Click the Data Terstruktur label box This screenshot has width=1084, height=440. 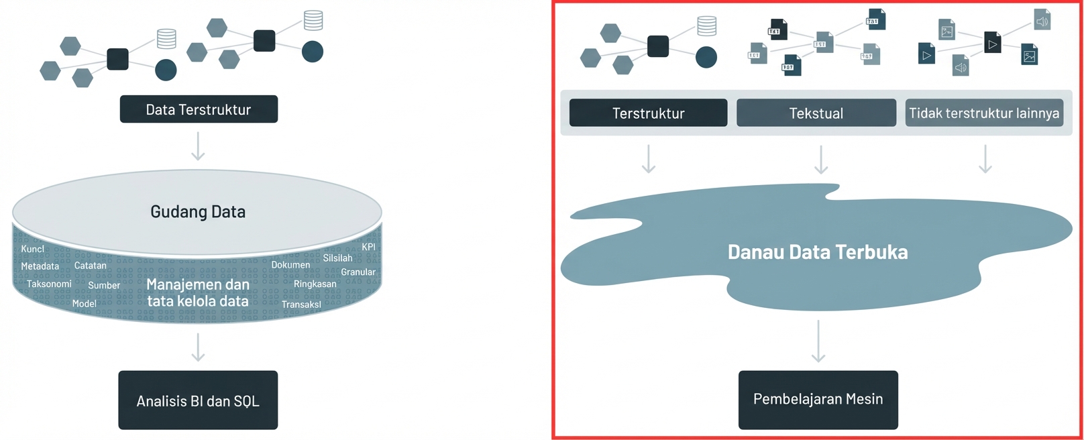click(199, 109)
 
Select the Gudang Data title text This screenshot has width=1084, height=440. click(198, 211)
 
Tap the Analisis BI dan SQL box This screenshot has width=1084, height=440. click(198, 400)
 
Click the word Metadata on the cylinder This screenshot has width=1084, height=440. click(40, 266)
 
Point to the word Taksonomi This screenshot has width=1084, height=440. click(49, 284)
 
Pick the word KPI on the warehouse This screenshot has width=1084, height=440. click(369, 247)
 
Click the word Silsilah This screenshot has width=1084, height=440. click(338, 258)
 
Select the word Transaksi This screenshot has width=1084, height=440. click(301, 305)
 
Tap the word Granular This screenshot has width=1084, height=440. click(358, 272)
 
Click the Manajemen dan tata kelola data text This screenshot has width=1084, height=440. click(198, 292)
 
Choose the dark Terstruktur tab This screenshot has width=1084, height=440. click(649, 113)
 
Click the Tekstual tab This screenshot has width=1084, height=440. click(816, 113)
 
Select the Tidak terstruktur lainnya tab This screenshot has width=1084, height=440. click(984, 113)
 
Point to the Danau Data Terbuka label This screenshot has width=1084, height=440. click(818, 252)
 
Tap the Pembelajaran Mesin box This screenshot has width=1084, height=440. click(818, 400)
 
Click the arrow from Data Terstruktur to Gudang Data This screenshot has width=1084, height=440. click(198, 146)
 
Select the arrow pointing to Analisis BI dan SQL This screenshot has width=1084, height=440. click(198, 347)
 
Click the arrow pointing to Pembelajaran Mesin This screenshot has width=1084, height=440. click(818, 341)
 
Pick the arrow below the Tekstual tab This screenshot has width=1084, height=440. click(821, 159)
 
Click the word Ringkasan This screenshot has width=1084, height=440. click(315, 284)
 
